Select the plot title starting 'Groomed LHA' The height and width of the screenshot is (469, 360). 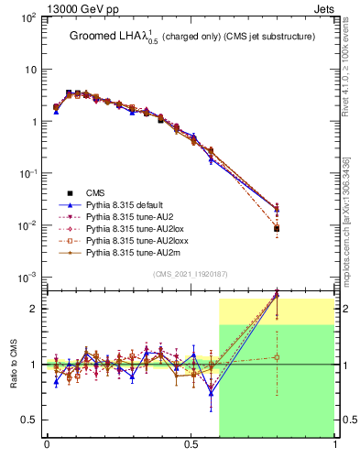pos(183,37)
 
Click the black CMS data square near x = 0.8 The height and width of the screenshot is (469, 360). pos(277,228)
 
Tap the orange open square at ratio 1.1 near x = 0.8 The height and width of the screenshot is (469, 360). pos(277,357)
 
